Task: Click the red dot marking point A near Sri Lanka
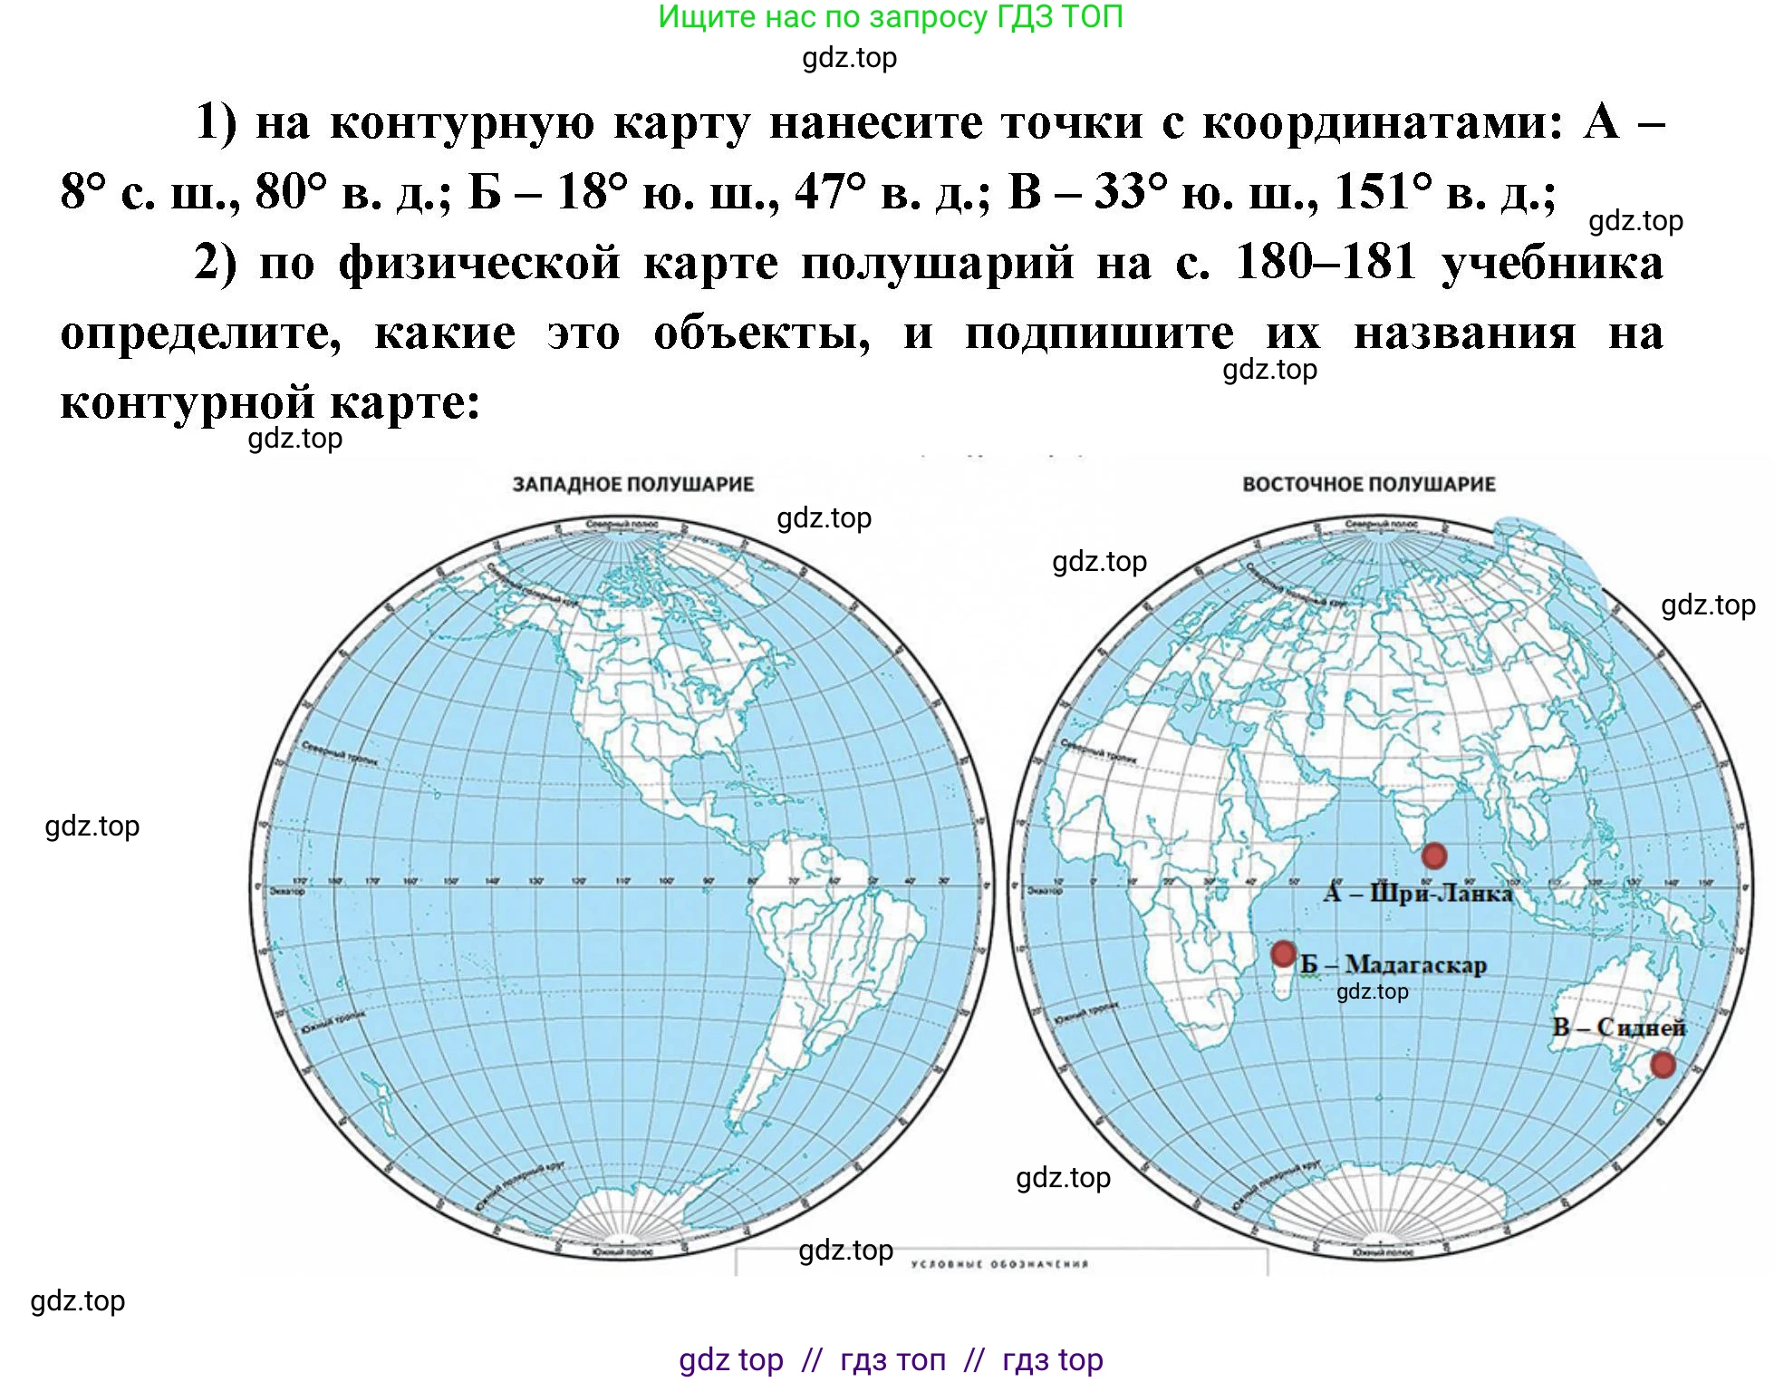click(x=1433, y=855)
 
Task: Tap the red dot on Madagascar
click(x=1283, y=952)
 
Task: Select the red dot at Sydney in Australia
click(x=1663, y=1064)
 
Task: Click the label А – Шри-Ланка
click(x=1418, y=893)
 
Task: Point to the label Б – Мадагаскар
click(x=1393, y=964)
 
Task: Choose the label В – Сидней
click(x=1619, y=1027)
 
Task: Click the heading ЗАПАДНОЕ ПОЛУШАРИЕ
click(x=633, y=484)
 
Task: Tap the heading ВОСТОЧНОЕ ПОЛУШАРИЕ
click(x=1368, y=484)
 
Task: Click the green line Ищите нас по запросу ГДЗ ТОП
click(x=891, y=17)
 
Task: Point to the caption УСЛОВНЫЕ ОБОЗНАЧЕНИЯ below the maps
click(x=999, y=1264)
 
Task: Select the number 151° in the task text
click(x=1384, y=192)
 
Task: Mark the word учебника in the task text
click(x=1552, y=263)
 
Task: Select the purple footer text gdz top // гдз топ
click(x=891, y=1359)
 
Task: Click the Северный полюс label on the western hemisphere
click(x=622, y=524)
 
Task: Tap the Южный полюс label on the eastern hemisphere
click(x=1382, y=1252)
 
